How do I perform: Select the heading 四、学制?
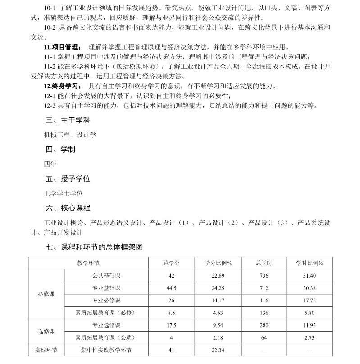click(x=60, y=150)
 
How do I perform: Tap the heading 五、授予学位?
click(x=68, y=179)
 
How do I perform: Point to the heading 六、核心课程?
click(x=68, y=208)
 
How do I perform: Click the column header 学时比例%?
click(x=310, y=263)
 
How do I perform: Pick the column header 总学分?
click(x=171, y=263)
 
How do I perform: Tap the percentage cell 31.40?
click(x=310, y=276)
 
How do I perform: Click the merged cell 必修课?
click(x=46, y=294)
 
